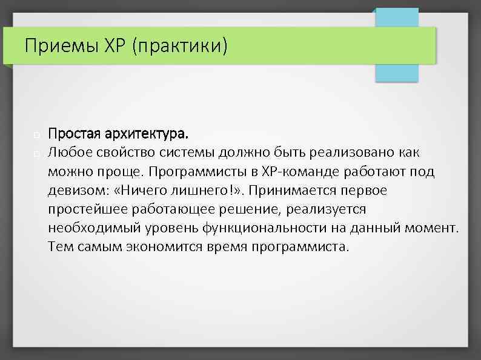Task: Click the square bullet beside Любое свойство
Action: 38,152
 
